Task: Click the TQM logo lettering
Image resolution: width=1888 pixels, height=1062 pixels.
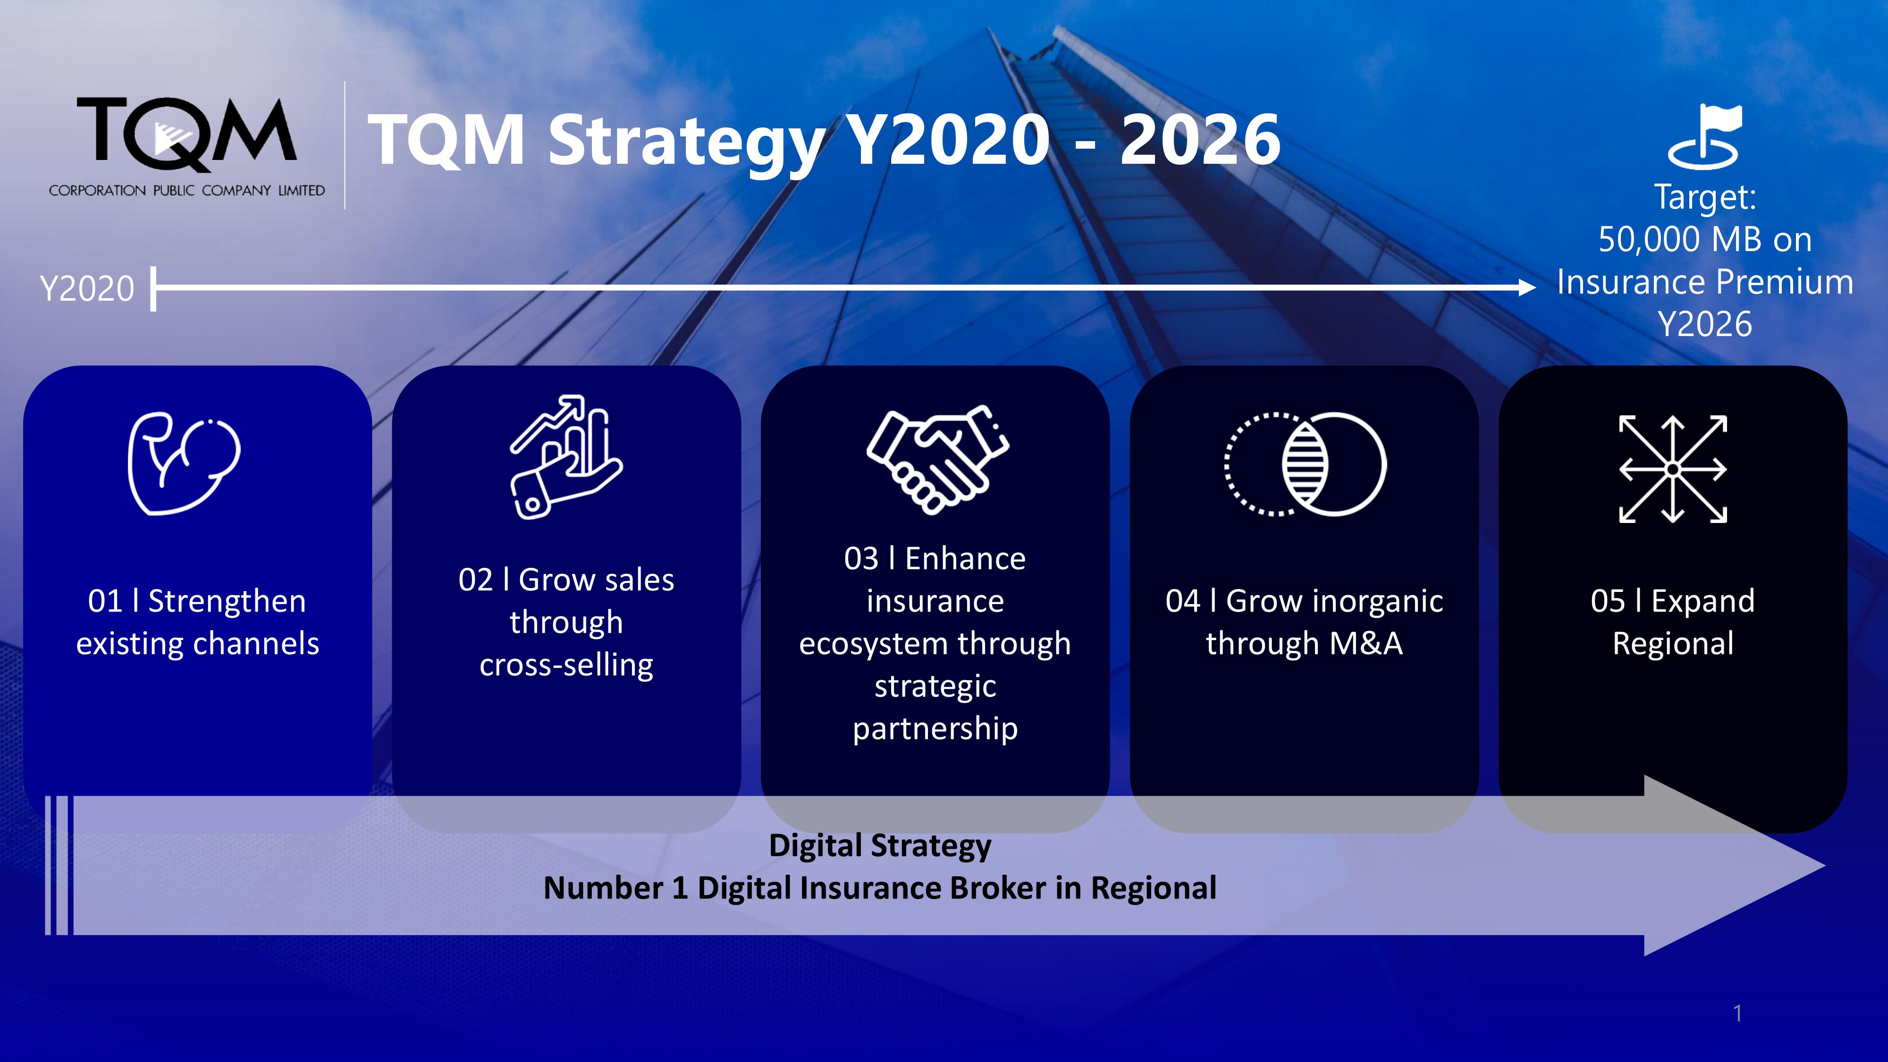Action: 187,132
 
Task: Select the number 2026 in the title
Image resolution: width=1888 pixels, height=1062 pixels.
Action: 1200,139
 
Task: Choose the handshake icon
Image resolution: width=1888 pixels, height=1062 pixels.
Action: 937,460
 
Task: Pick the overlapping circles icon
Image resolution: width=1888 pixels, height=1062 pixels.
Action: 1306,464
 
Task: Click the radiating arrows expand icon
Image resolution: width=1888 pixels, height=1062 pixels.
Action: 1672,469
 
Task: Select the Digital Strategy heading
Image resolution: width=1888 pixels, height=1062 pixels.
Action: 879,846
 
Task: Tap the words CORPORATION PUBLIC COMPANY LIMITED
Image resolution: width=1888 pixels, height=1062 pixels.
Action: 187,191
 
